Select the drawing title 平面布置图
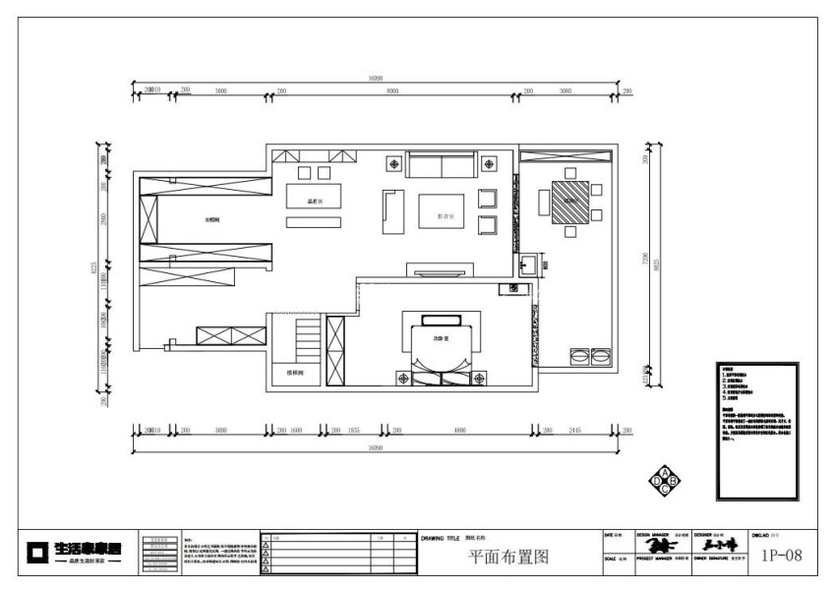[x=507, y=558]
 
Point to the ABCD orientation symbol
[x=666, y=480]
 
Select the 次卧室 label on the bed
[x=442, y=339]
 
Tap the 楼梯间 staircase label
[x=294, y=374]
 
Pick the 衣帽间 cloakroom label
[x=210, y=220]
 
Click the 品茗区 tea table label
[x=316, y=201]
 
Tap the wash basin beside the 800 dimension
[x=527, y=264]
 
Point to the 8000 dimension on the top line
[x=392, y=90]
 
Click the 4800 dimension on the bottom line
[x=458, y=431]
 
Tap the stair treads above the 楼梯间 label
[x=307, y=340]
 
